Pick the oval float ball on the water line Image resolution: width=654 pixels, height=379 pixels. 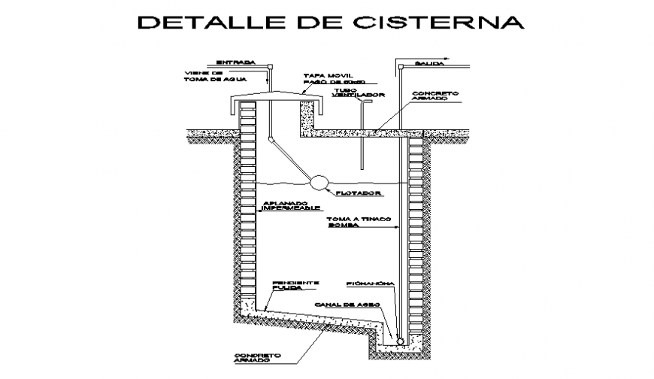319,181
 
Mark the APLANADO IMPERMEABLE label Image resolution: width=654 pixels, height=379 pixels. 291,206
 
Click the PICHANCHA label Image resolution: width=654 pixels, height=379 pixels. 366,284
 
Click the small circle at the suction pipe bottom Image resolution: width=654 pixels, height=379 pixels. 401,341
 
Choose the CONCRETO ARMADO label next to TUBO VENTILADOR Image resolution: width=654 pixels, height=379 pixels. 435,97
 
